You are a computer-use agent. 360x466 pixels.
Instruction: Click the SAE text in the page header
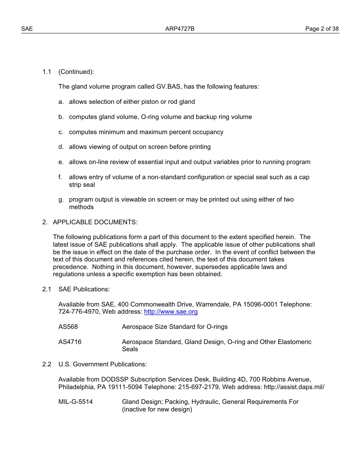[27, 29]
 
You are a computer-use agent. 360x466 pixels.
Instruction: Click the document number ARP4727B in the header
[180, 29]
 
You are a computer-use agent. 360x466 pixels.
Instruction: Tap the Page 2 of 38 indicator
[322, 29]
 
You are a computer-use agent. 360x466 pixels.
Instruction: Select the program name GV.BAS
[169, 87]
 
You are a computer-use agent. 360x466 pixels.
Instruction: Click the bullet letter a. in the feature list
[61, 102]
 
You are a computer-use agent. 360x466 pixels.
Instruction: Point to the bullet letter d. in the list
[61, 147]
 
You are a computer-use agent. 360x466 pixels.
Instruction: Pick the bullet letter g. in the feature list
[61, 200]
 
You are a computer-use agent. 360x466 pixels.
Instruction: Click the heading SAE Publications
[84, 289]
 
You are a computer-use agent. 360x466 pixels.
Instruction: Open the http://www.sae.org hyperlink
[171, 312]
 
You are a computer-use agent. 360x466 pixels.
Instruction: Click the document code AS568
[68, 327]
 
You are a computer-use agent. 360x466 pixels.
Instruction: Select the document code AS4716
[70, 342]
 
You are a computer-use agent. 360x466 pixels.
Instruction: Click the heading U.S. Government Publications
[102, 364]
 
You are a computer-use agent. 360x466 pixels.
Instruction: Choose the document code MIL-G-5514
[75, 402]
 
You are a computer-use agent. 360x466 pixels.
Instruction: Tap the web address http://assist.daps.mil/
[293, 387]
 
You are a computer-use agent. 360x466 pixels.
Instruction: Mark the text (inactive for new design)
[157, 410]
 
